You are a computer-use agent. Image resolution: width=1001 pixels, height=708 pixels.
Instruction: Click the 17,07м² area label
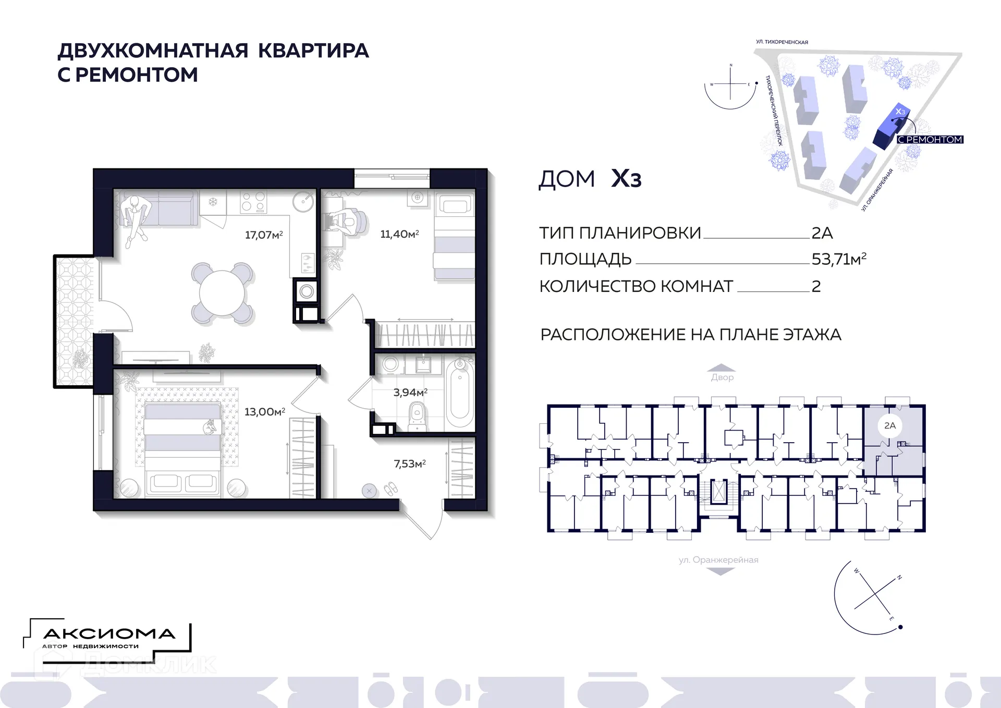tap(264, 235)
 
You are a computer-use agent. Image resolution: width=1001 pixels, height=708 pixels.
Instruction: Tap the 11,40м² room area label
tap(399, 234)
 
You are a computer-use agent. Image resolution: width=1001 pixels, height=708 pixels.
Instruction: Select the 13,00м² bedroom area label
tap(264, 412)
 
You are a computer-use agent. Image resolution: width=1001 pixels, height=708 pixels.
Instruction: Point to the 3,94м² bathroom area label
tap(410, 392)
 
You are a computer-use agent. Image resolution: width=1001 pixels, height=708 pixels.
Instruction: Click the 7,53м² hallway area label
tap(409, 463)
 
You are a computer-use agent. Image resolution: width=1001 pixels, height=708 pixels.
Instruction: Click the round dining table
tap(222, 293)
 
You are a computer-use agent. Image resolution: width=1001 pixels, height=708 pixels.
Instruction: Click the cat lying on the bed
tap(210, 428)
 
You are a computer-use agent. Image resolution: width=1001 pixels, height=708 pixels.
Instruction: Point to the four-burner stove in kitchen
tap(253, 201)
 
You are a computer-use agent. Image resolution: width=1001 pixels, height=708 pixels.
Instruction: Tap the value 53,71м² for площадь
tap(838, 259)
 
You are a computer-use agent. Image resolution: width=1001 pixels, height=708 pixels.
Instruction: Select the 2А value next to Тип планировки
tap(822, 233)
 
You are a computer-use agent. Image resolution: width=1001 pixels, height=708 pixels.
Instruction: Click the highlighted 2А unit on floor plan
tap(890, 426)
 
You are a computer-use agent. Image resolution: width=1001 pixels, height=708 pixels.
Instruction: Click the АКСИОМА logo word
tap(109, 634)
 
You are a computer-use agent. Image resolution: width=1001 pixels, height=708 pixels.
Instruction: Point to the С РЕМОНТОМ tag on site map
tap(930, 140)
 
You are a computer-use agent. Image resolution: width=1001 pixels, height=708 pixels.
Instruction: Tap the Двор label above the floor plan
tap(722, 377)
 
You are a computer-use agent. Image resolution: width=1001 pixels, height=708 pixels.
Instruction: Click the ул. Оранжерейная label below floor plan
tap(718, 560)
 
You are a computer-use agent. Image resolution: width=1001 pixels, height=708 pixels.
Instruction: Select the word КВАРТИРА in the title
tap(313, 51)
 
